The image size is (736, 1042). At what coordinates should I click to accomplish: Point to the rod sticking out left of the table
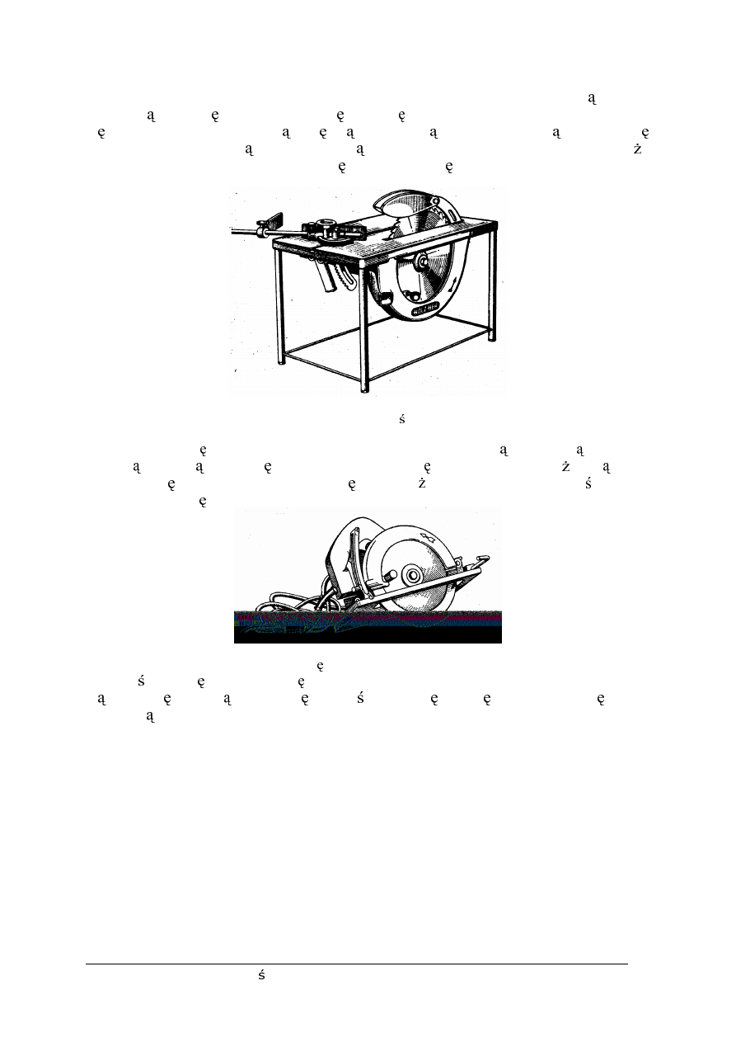point(244,232)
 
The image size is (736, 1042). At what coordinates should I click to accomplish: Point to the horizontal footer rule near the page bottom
point(356,963)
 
